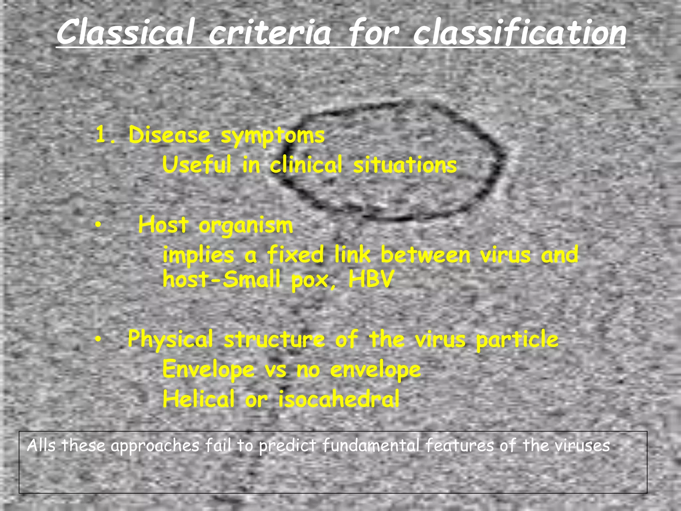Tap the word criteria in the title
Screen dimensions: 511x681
click(270, 32)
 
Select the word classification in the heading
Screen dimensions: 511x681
click(520, 32)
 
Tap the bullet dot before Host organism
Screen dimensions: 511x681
click(97, 226)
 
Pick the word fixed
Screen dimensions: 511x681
click(295, 255)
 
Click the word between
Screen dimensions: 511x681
click(425, 255)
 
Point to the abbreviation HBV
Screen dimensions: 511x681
click(371, 279)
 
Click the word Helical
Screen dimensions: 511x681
click(199, 399)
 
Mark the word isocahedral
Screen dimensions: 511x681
click(339, 399)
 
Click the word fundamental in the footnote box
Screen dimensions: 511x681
click(370, 446)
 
